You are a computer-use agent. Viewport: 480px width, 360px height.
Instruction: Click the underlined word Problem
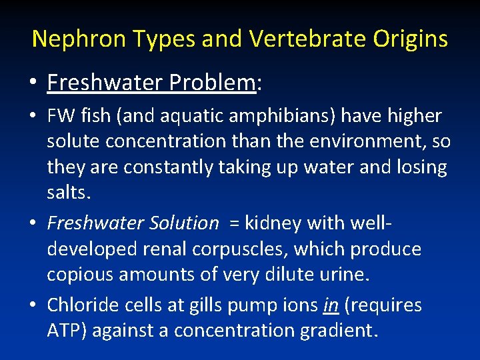point(212,83)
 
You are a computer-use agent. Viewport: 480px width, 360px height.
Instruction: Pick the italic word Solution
point(187,223)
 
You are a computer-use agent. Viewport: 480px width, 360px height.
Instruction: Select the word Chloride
point(83,305)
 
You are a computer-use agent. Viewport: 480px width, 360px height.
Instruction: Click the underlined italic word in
point(330,305)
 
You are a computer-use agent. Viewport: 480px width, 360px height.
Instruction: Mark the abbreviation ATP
point(64,331)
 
